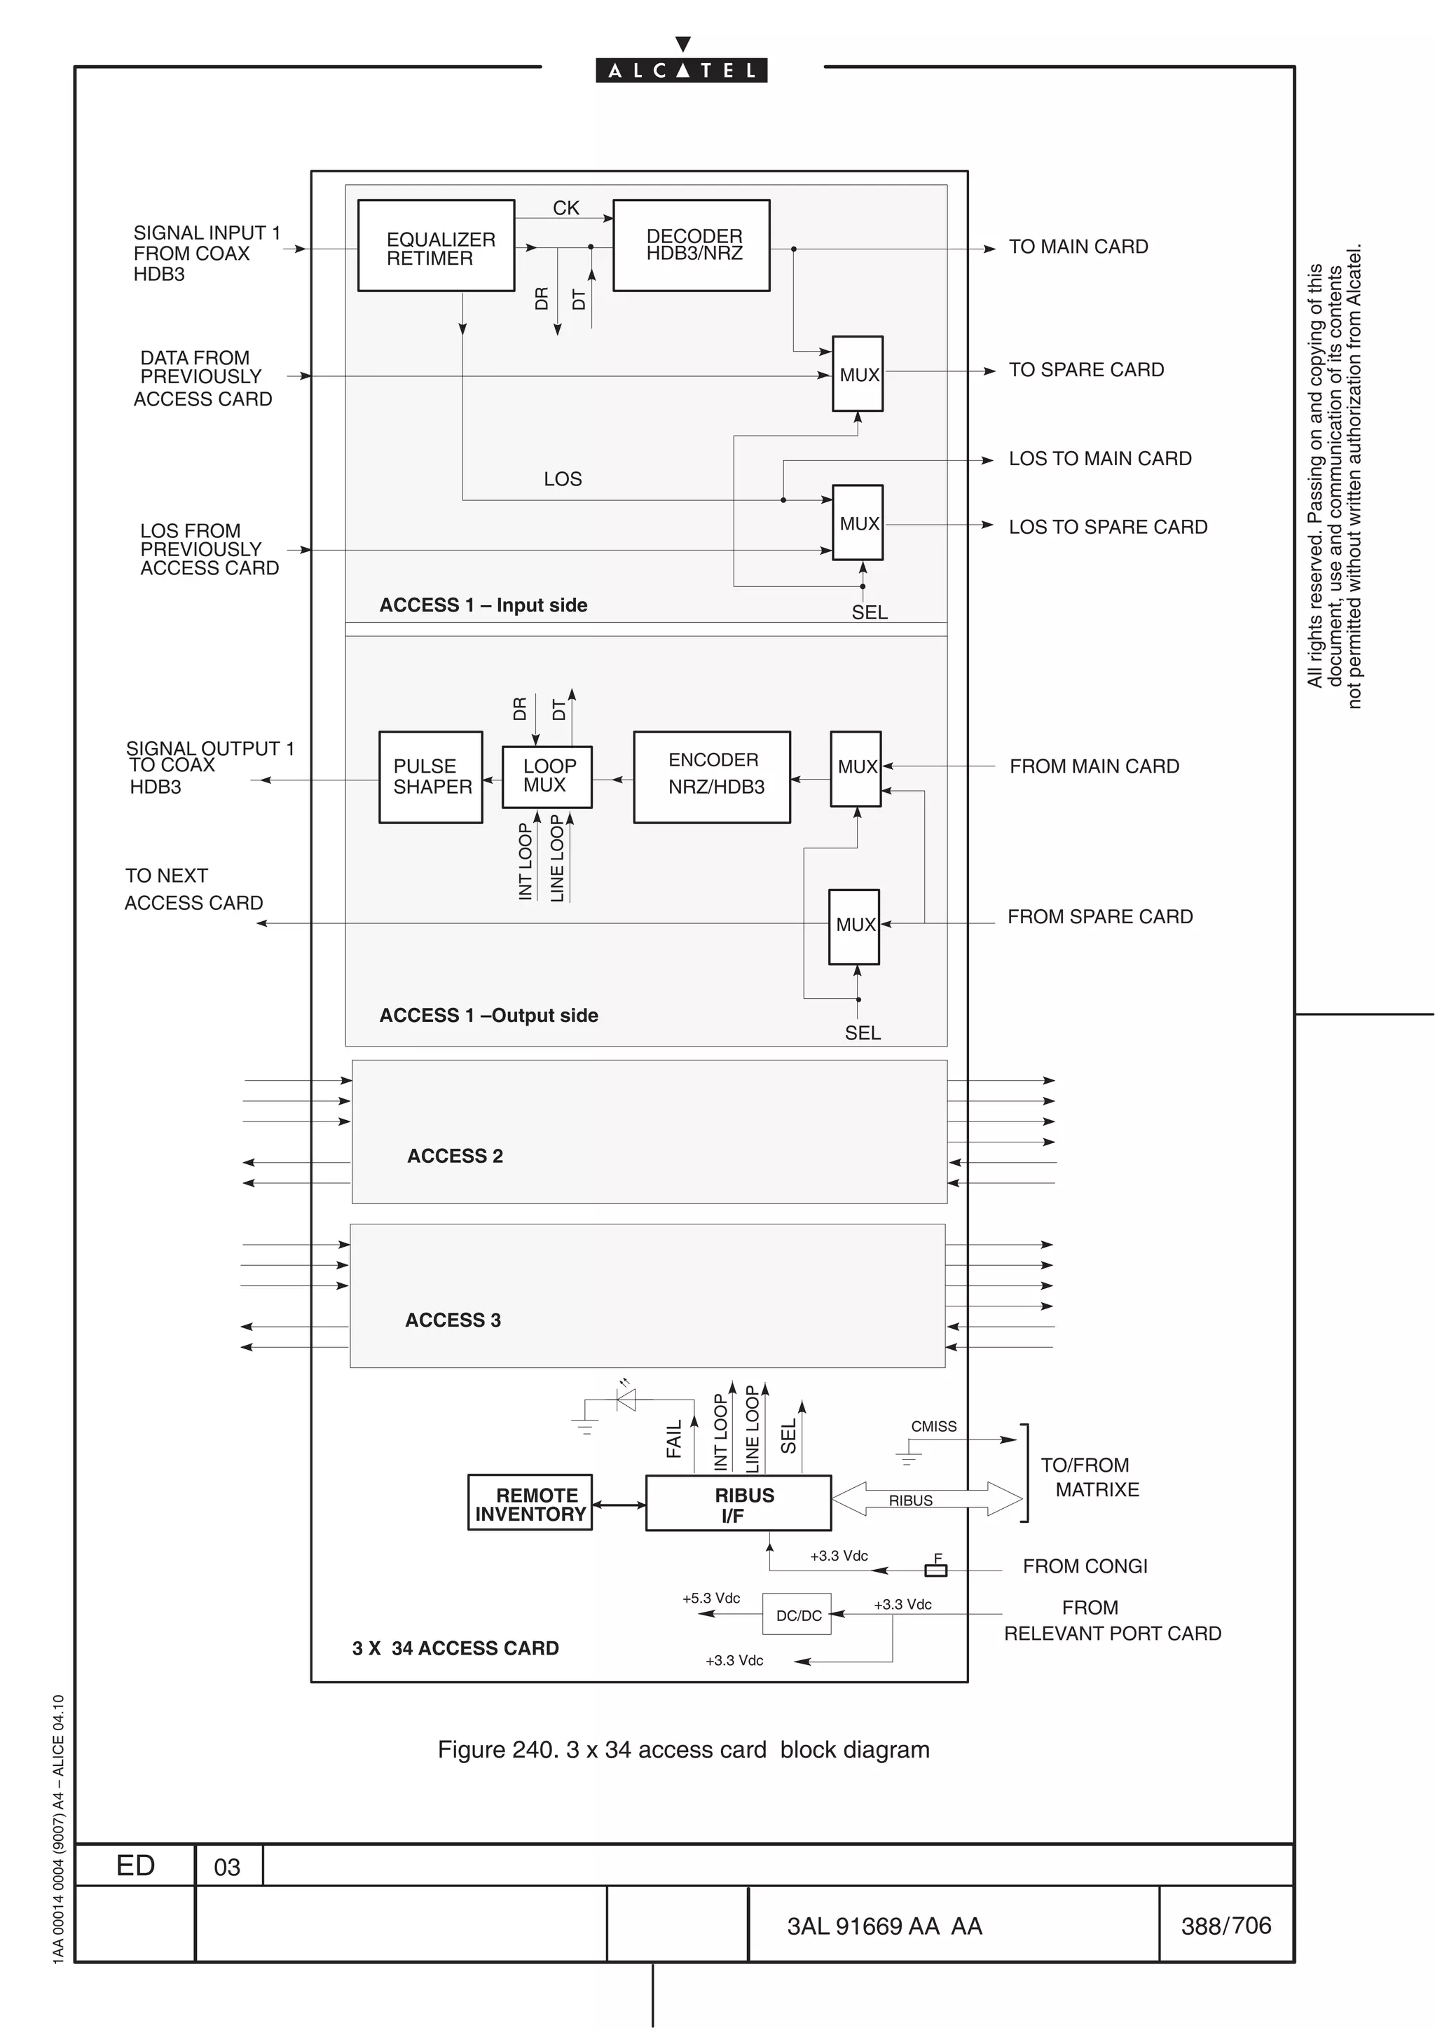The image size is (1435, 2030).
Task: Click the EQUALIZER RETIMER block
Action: pos(436,246)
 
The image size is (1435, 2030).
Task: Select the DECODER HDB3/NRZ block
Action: pos(692,246)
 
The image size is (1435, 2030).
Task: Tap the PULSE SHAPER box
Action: pos(431,777)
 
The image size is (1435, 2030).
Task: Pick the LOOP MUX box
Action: pos(547,777)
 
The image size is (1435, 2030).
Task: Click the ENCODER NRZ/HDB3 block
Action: pos(712,777)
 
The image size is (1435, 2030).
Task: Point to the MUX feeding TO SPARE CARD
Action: pos(858,374)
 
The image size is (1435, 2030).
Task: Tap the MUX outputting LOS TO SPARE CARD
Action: pos(858,523)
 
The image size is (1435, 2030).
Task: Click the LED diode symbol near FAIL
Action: pos(626,1400)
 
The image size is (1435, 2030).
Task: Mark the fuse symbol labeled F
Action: pos(935,1570)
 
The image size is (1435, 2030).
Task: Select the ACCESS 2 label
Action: pos(455,1156)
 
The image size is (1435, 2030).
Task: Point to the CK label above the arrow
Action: pos(566,208)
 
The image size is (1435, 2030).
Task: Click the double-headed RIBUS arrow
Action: pos(926,1498)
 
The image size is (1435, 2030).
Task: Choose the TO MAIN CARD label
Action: pos(1078,247)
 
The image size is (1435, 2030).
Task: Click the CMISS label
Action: pos(934,1427)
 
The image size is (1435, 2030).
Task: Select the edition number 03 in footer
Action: pos(227,1867)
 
